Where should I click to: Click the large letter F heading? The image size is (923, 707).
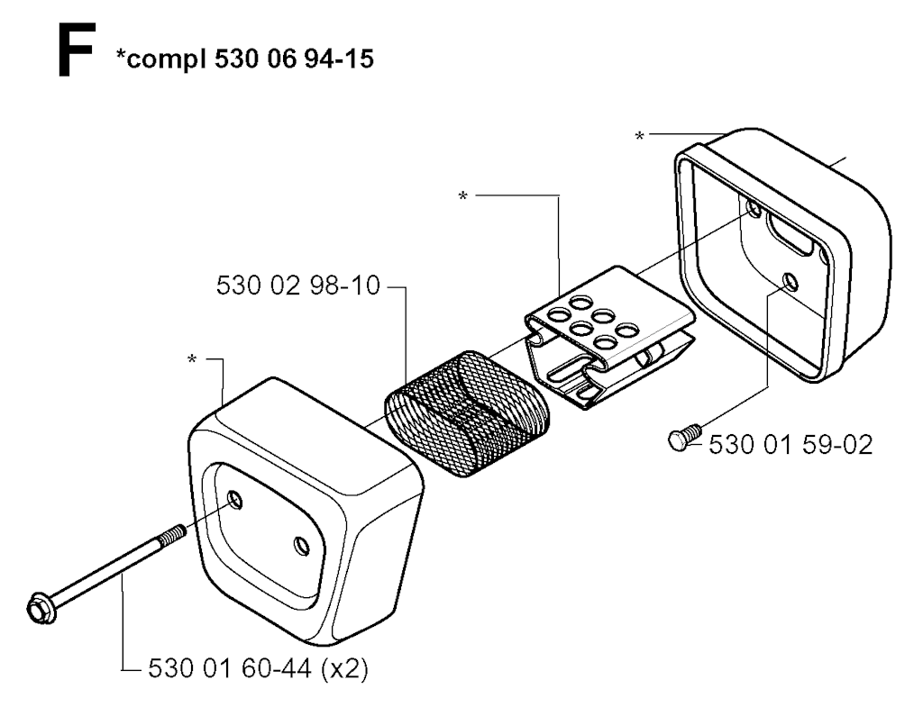coord(77,50)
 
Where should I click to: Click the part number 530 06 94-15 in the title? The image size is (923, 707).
coord(294,59)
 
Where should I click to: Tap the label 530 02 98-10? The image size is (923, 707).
coord(298,286)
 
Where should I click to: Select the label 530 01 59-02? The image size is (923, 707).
coord(790,445)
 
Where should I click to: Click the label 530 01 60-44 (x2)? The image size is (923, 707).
coord(258,669)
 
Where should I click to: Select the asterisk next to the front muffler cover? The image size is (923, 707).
coord(192,359)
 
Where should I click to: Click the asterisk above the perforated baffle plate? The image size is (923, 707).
coord(463,195)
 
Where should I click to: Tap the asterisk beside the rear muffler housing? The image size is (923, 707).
coord(639,136)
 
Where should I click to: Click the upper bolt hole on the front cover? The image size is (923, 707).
coord(235,499)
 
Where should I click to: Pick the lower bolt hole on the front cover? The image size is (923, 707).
coord(302,545)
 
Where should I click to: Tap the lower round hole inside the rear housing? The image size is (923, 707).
coord(790,283)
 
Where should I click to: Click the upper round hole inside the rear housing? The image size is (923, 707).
coord(753,208)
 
